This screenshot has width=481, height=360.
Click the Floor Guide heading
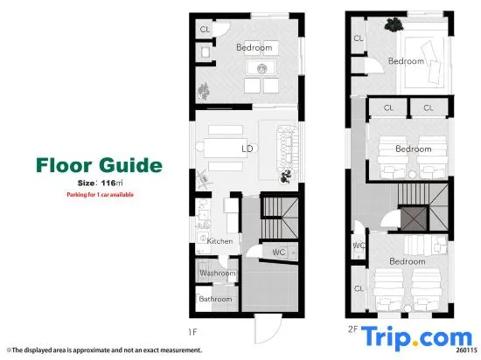(x=99, y=165)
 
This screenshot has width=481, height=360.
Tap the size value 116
(x=108, y=183)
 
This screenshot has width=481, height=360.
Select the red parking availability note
(x=101, y=195)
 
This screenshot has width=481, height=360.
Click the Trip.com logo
(x=416, y=338)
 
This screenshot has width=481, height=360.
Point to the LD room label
(x=247, y=149)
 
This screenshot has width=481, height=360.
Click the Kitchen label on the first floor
(x=220, y=241)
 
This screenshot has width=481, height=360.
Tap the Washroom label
(x=218, y=273)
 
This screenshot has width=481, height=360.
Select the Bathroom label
(x=216, y=299)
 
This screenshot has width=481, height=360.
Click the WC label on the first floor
(x=279, y=253)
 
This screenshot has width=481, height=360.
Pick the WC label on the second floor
(x=359, y=246)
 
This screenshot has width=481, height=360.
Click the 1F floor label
(x=193, y=332)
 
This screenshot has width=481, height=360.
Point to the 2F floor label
(x=352, y=329)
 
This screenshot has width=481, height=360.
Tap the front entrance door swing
(x=268, y=329)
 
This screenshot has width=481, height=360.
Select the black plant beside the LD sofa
(x=286, y=177)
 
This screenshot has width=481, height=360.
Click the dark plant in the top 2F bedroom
(x=394, y=24)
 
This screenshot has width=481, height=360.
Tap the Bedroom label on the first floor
(x=254, y=47)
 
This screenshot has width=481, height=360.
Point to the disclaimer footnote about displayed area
(x=105, y=350)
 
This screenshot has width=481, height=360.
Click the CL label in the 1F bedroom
(x=205, y=30)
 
